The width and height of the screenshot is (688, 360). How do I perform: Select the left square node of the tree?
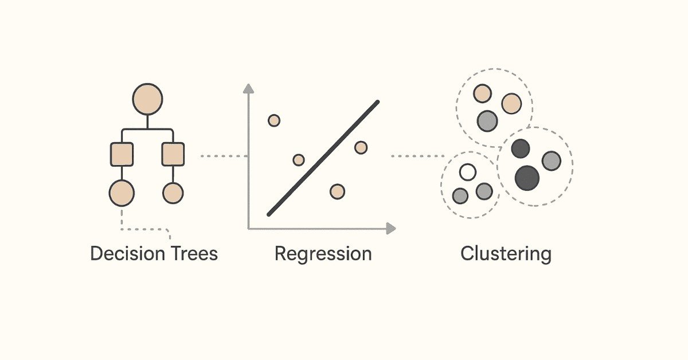pos(122,154)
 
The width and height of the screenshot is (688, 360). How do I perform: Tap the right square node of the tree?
pos(173,154)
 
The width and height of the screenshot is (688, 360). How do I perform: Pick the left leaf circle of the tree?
pos(122,193)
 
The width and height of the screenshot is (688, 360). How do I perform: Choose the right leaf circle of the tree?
pos(173,193)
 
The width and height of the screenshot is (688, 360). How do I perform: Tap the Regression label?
pos(323,254)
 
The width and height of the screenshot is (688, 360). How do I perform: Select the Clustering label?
pos(506,253)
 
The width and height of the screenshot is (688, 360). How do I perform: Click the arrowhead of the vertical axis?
pos(248,88)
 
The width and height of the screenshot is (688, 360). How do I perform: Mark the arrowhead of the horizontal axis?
pos(391,229)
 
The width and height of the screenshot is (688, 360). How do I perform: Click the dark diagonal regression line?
pos(323,159)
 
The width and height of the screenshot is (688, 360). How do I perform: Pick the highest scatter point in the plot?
pos(274,120)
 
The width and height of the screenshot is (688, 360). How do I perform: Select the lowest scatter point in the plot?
pos(337,191)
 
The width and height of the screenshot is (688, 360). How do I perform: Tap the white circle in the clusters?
pos(468,172)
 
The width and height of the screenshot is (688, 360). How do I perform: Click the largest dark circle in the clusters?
pos(527,178)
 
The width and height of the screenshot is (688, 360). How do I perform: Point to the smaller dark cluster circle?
pos(521,149)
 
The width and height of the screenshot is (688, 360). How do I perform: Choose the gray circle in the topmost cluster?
pos(487,121)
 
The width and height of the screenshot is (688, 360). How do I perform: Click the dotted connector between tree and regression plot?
pos(224,156)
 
